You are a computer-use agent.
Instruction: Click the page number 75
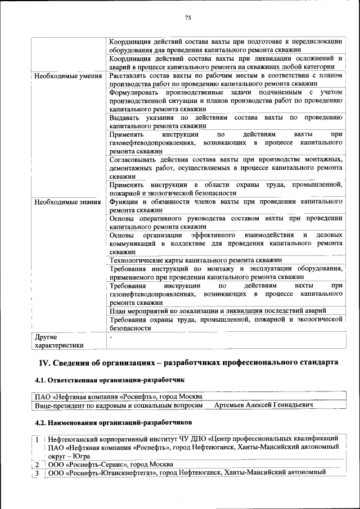pos(188,18)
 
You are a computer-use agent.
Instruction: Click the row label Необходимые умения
pos(67,75)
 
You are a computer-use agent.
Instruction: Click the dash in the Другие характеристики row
pos(111,337)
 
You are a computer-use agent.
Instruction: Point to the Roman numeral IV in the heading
pos(43,362)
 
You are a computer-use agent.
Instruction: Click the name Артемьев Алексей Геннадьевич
pos(264,404)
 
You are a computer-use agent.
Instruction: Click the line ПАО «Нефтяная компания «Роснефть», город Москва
pos(118,396)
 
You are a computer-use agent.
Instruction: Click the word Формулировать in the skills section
pos(136,92)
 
